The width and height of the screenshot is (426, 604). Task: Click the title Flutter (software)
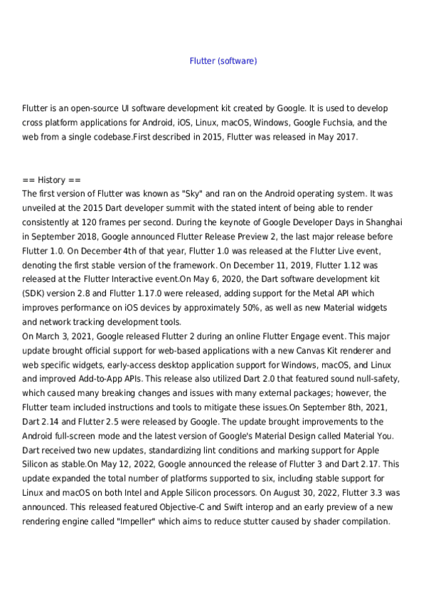tap(223, 61)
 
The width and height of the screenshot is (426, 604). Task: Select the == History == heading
tap(52, 180)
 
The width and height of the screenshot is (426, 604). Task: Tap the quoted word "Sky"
tap(196, 193)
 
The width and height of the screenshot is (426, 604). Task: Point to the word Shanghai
tap(383, 222)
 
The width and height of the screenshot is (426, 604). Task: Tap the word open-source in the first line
tap(92, 108)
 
